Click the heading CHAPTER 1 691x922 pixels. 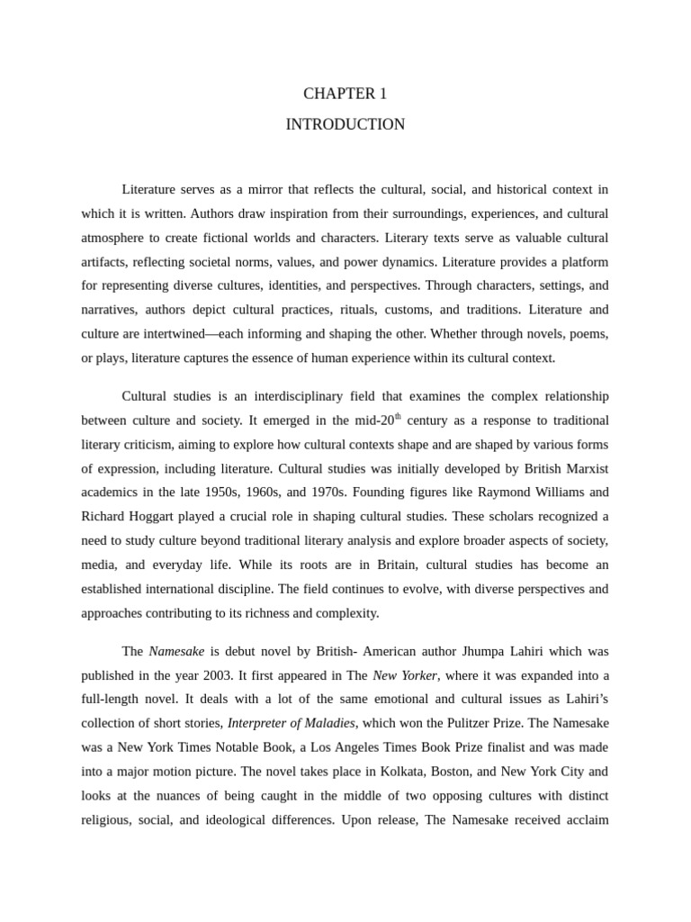(x=345, y=94)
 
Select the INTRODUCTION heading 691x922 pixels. (x=345, y=124)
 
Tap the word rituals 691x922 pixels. (x=364, y=310)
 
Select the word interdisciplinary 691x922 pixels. (x=263, y=397)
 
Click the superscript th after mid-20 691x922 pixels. (x=398, y=417)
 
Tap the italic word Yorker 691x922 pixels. (x=418, y=675)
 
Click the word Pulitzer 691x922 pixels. (x=480, y=723)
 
